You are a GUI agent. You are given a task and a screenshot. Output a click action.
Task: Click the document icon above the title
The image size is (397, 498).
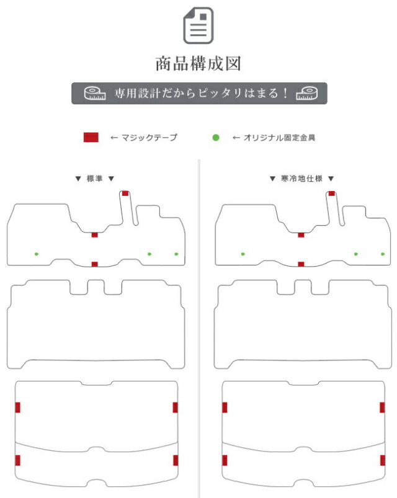198,25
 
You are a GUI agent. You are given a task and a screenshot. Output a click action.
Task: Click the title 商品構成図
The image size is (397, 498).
198,63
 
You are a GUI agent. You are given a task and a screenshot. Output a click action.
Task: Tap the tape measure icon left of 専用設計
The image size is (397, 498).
95,93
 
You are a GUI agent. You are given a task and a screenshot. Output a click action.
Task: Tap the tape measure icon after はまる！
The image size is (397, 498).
306,93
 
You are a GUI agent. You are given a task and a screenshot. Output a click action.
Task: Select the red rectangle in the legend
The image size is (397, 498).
91,138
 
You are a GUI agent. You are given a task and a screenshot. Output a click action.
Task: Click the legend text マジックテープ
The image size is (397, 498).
149,138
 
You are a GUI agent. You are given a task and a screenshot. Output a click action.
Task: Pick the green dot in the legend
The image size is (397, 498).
216,138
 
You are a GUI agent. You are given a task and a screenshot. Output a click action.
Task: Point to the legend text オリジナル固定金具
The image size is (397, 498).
279,138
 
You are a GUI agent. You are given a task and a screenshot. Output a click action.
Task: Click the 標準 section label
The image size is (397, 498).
95,179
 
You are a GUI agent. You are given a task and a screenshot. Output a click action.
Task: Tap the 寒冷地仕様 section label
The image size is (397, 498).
301,179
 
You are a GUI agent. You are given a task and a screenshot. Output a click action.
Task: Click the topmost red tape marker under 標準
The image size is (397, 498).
125,193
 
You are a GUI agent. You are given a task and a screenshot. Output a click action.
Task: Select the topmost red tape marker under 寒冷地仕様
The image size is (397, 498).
332,193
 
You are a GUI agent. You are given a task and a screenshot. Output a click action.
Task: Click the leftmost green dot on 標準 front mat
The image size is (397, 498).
37,254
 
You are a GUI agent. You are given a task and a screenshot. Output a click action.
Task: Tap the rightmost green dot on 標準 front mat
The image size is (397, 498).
176,254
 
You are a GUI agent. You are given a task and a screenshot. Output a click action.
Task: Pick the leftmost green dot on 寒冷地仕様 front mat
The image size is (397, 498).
243,254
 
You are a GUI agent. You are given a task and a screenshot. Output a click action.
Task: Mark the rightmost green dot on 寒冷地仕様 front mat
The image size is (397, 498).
383,254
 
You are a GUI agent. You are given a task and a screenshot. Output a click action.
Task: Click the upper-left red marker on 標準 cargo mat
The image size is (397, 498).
18,407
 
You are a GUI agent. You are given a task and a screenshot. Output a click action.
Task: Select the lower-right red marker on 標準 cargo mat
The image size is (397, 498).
176,460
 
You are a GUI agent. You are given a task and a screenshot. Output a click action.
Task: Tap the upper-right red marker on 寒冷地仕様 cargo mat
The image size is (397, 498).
382,407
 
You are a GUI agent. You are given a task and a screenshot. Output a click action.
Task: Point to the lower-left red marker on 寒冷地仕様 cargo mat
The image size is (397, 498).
225,460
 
